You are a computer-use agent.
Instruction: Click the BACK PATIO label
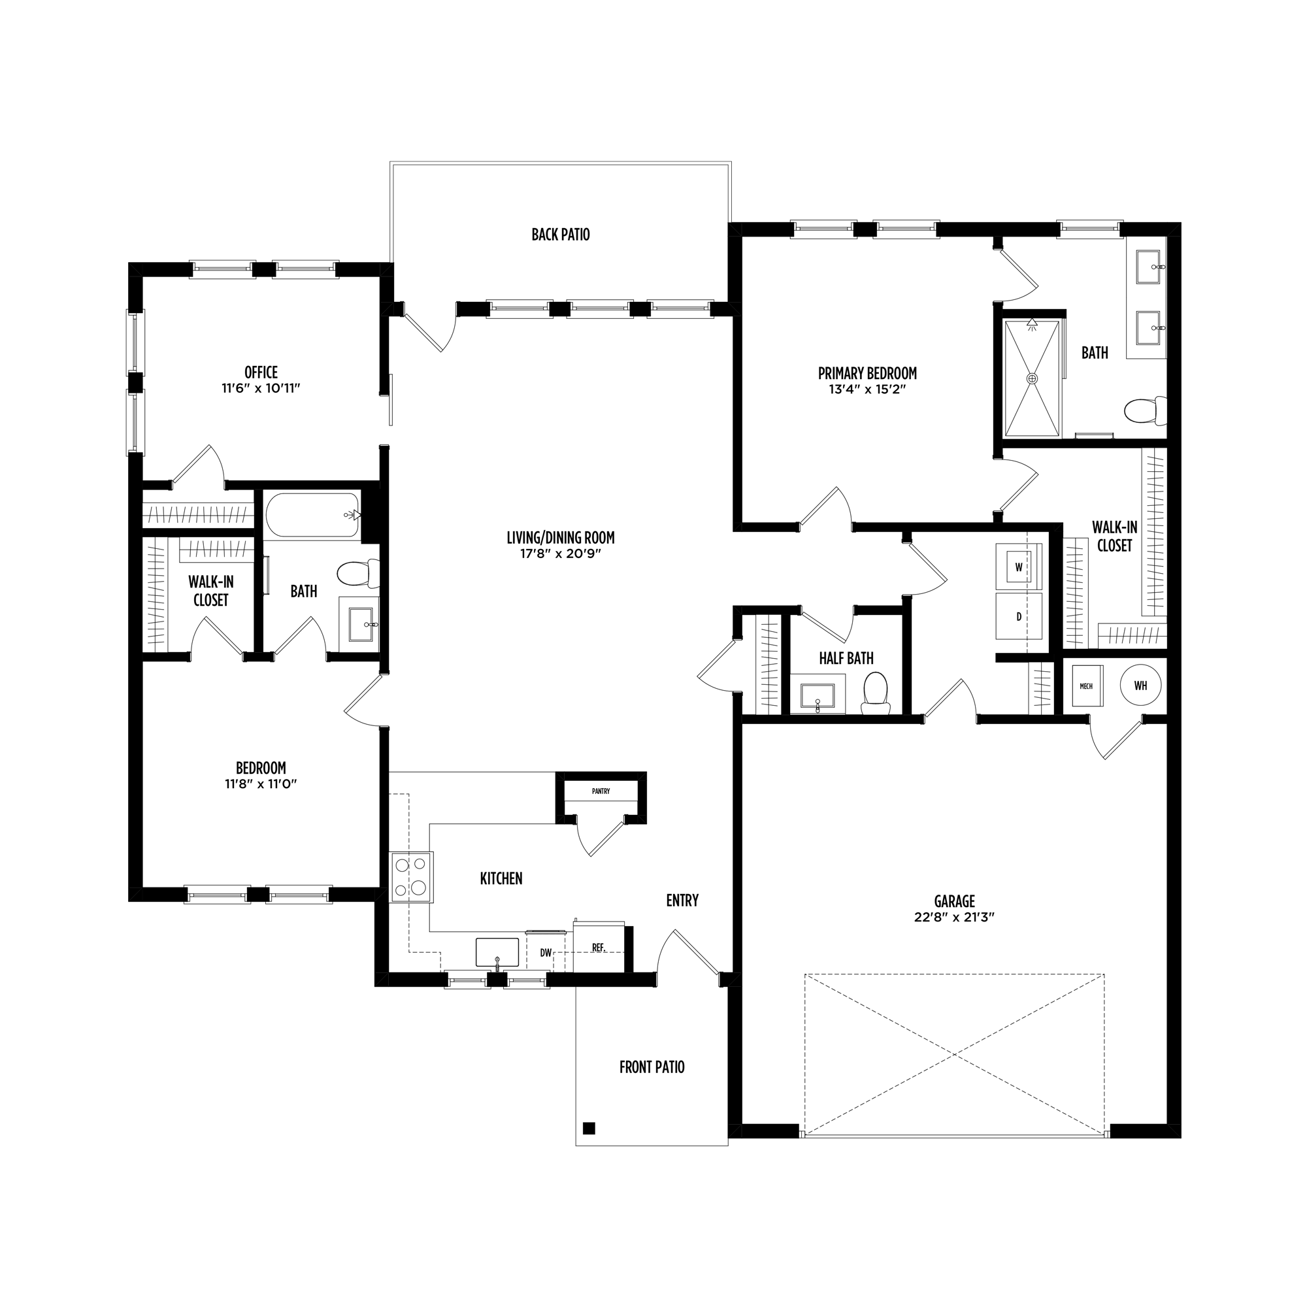560,235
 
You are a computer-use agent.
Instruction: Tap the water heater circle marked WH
1140,686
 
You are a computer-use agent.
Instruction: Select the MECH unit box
1085,686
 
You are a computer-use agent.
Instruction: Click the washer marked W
1018,567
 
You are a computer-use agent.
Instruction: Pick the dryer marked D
1018,616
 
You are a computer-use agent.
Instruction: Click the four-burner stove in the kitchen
412,877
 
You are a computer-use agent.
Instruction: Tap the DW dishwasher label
546,953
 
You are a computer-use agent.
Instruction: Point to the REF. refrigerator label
599,948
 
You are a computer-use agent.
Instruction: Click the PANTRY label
601,791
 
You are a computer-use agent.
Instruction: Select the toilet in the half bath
876,694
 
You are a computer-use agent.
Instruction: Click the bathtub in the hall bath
312,516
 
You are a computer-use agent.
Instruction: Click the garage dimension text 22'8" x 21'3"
955,918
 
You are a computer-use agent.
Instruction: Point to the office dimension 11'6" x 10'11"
261,388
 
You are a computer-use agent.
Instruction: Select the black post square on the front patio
589,1128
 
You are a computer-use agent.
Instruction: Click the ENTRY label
682,901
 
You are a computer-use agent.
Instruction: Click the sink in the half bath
818,695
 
